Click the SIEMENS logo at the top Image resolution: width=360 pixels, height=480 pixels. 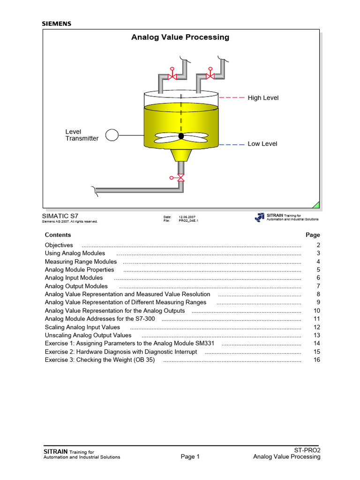(x=57, y=23)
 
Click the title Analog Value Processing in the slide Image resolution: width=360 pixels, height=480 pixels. (x=180, y=37)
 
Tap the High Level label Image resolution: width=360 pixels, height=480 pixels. (x=263, y=98)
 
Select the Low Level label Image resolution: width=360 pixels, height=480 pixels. (x=262, y=144)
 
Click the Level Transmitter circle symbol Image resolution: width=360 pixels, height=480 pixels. (x=112, y=135)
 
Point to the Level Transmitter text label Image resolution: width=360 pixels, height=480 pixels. (x=82, y=135)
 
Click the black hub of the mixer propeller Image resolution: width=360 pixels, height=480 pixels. (x=181, y=136)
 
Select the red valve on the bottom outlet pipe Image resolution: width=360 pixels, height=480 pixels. (x=180, y=178)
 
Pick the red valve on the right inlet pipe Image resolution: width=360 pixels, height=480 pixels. (x=210, y=75)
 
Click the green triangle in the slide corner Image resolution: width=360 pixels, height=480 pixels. (x=316, y=205)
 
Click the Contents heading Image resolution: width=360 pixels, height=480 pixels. (x=58, y=235)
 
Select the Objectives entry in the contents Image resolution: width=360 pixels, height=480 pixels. (x=59, y=245)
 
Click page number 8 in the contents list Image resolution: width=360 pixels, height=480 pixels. (x=318, y=294)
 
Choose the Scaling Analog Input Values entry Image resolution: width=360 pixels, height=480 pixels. (x=82, y=327)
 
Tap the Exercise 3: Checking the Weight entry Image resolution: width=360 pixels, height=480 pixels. (x=100, y=360)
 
